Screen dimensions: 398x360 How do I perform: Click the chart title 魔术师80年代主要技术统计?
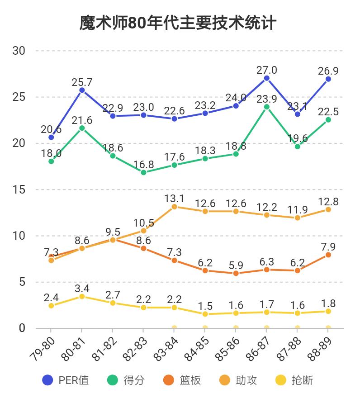click(178, 22)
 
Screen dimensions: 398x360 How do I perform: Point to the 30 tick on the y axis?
click(19, 51)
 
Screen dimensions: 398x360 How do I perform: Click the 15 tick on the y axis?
click(19, 190)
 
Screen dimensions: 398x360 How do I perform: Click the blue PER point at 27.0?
click(267, 78)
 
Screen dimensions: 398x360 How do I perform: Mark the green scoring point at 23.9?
click(267, 107)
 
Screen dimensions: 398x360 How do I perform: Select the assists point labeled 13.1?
click(175, 207)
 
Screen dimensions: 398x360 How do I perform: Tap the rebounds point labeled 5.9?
click(236, 273)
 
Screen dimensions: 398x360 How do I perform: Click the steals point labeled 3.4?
click(82, 296)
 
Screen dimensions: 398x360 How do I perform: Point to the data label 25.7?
click(82, 82)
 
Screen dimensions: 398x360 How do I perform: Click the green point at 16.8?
click(143, 172)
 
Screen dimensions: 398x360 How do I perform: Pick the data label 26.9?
click(328, 71)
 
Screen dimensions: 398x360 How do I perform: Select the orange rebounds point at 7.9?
click(328, 255)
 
